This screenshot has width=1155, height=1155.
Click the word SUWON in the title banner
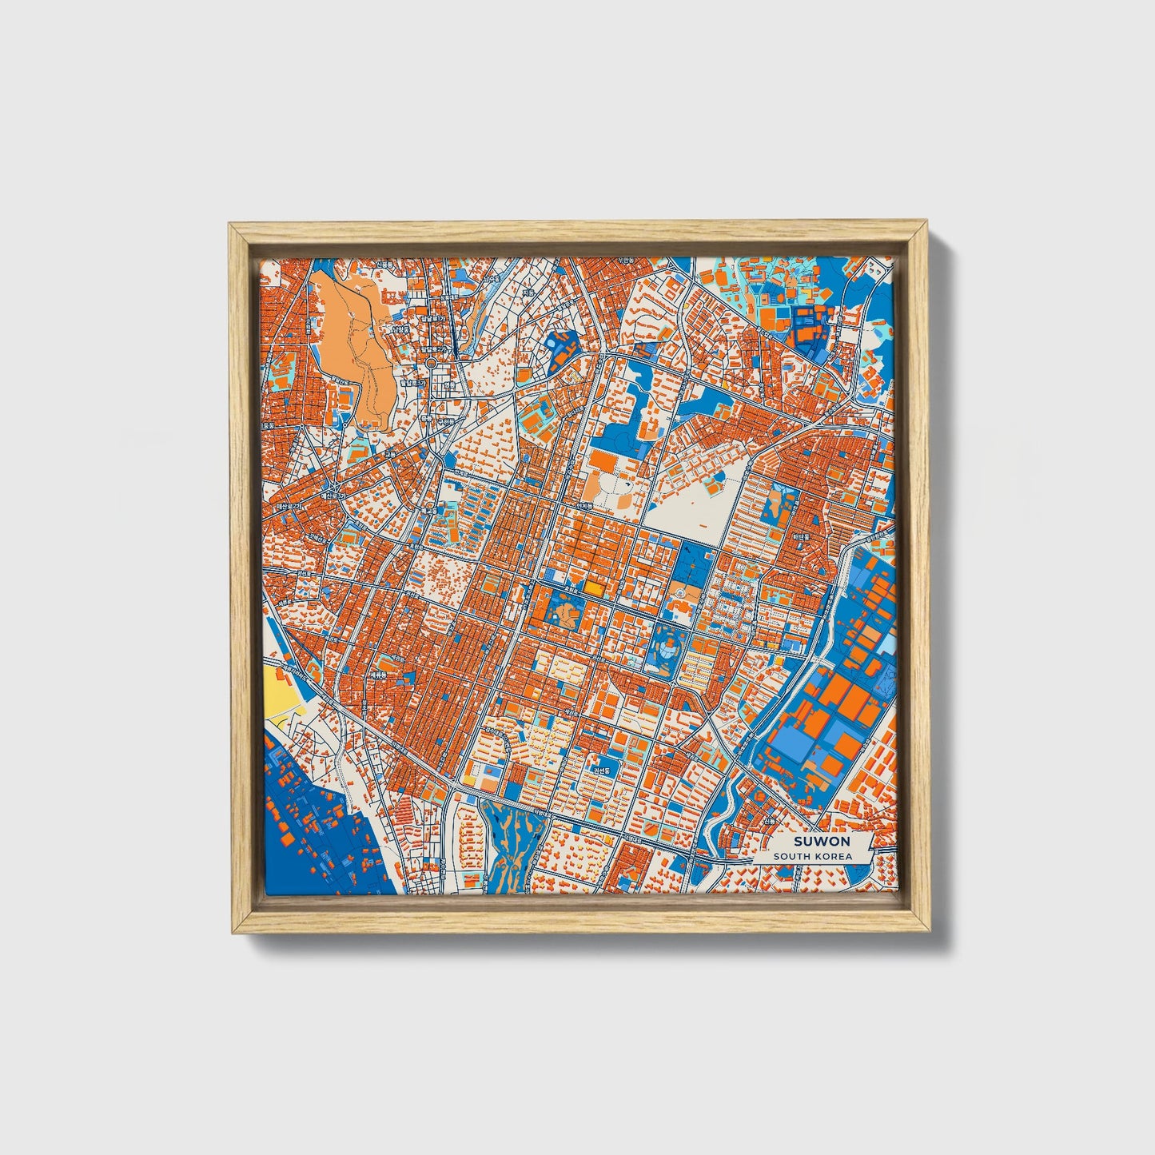[822, 841]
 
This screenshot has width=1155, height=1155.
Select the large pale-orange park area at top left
[352, 344]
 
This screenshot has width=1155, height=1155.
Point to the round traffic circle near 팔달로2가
[432, 363]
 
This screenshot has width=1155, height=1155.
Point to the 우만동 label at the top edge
[624, 261]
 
